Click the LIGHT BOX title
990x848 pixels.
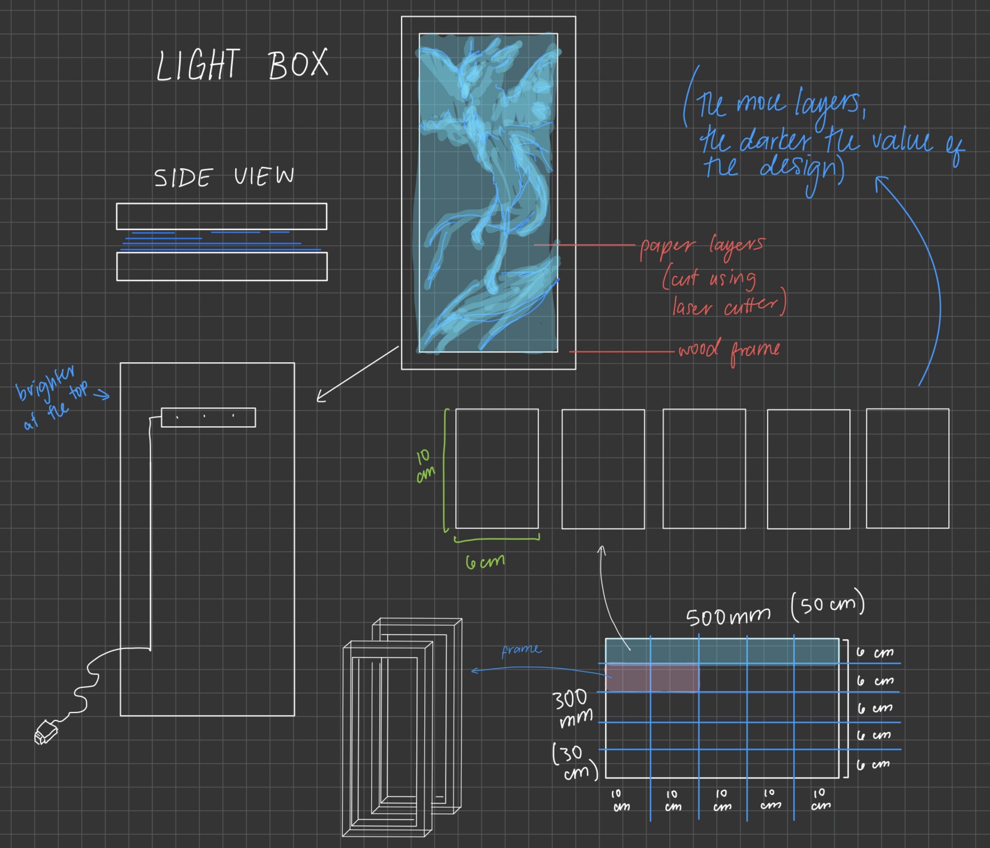242,64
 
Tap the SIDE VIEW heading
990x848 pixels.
224,177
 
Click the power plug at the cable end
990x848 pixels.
45,732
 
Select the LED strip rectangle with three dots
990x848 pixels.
208,417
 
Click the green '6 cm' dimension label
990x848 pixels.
485,561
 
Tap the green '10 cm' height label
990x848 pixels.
424,466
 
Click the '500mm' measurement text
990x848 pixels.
728,616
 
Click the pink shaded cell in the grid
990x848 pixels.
652,678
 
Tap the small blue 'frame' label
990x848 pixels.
521,650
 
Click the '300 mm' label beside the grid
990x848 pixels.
572,708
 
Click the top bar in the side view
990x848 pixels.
221,216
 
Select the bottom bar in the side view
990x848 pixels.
221,267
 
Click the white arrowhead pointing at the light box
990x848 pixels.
321,397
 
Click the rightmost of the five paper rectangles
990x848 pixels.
907,468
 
